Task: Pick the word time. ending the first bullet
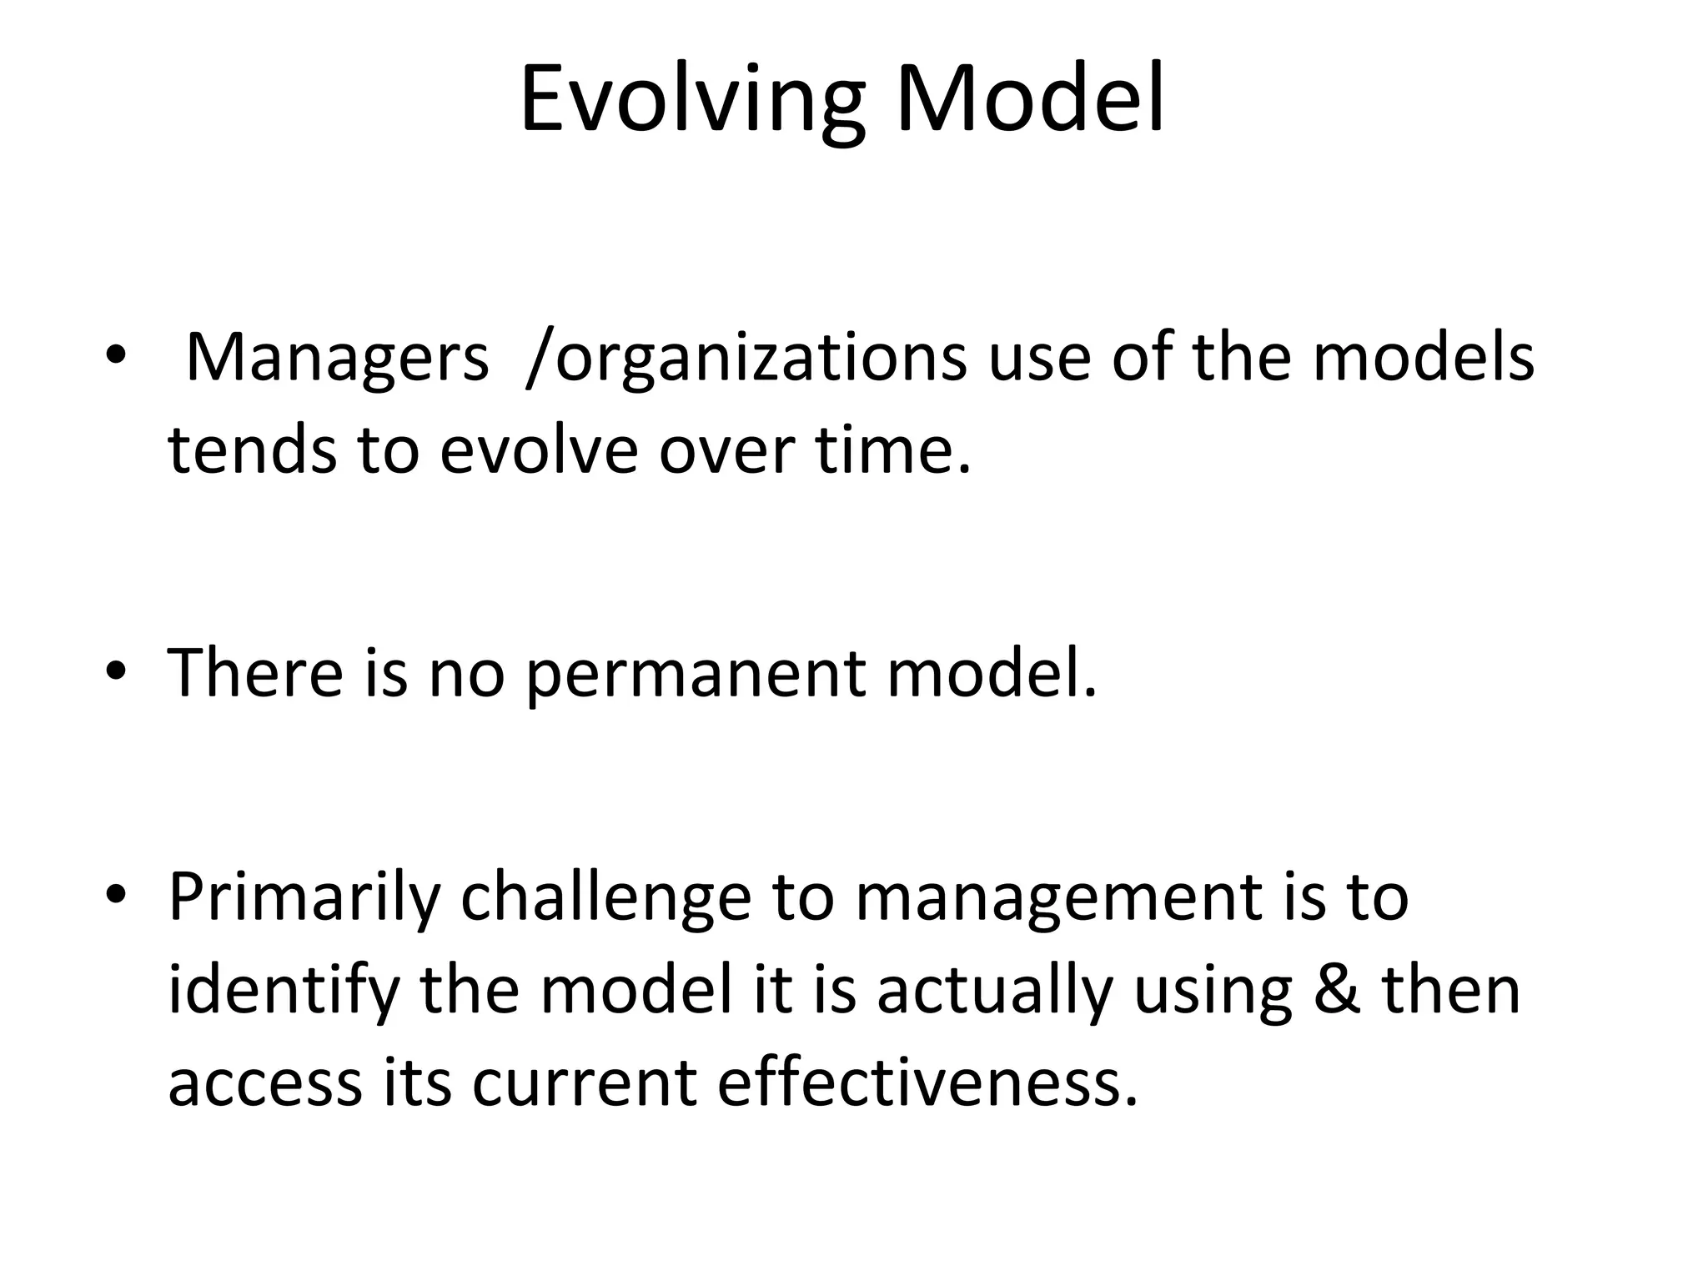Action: coord(893,450)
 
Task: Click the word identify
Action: coord(284,993)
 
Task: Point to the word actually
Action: coord(995,993)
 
